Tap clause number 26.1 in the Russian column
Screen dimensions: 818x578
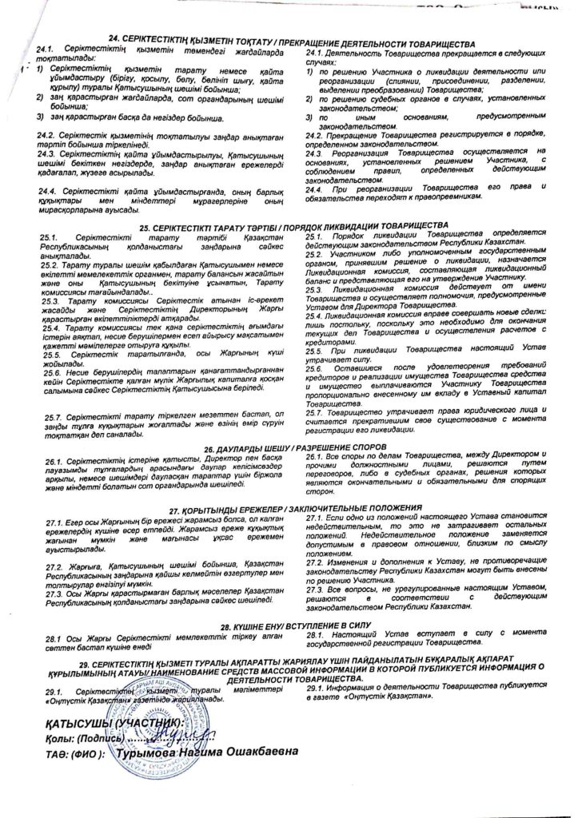pos(317,455)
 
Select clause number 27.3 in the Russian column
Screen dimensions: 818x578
pos(317,575)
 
